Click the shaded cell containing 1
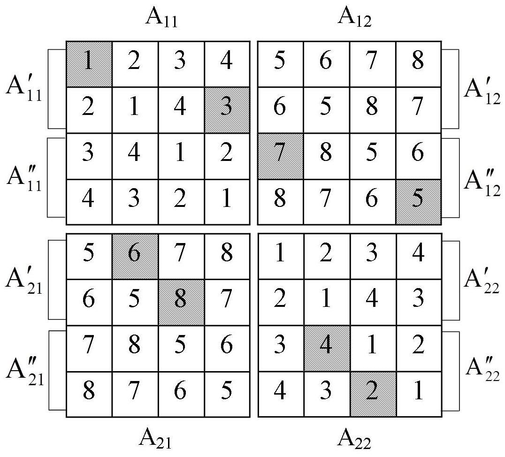[x=89, y=64]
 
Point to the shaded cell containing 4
[x=326, y=348]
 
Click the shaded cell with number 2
[x=372, y=394]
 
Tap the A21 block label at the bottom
[x=155, y=440]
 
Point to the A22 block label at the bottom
[x=355, y=440]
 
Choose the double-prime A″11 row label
[x=24, y=178]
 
